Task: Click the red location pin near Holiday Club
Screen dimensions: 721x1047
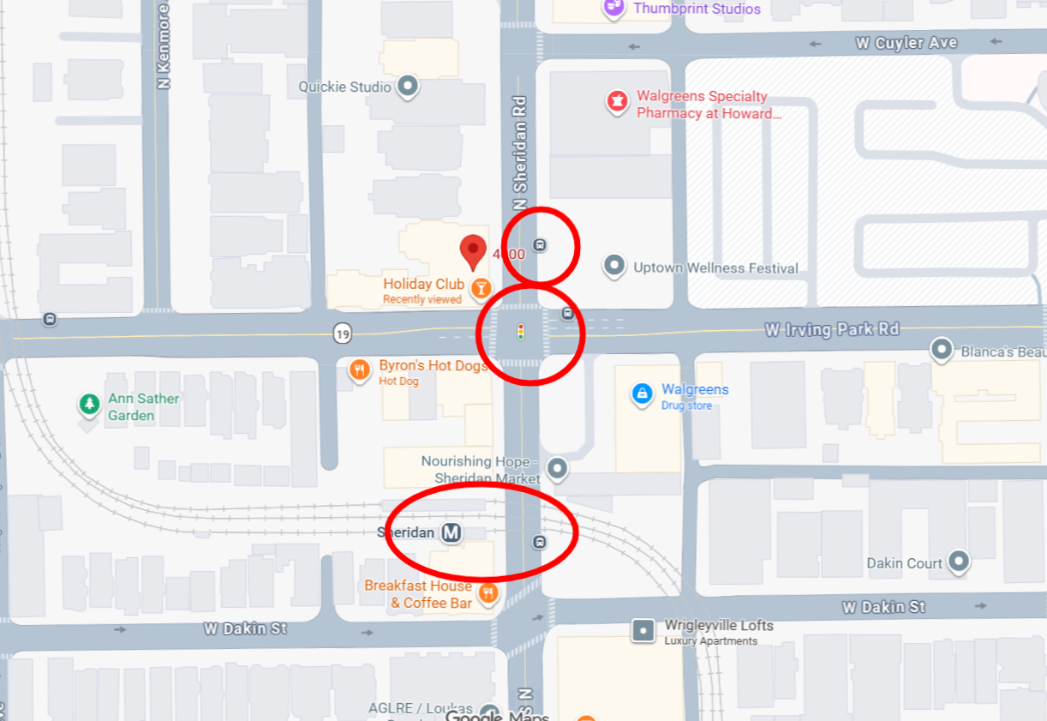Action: pyautogui.click(x=472, y=250)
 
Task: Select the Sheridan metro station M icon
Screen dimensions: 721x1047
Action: pyautogui.click(x=452, y=532)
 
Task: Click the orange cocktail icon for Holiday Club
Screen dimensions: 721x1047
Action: pyautogui.click(x=482, y=288)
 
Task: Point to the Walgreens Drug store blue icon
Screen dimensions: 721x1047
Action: pyautogui.click(x=642, y=394)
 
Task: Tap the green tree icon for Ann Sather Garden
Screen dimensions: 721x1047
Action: pyautogui.click(x=89, y=404)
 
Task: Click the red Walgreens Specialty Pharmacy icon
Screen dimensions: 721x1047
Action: pyautogui.click(x=616, y=102)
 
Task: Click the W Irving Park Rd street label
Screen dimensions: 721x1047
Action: pyautogui.click(x=832, y=329)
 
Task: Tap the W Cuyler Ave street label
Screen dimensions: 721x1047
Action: pyautogui.click(x=906, y=43)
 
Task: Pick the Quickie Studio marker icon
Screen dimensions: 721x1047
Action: pyautogui.click(x=409, y=87)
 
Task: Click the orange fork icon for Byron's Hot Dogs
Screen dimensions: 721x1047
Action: pyautogui.click(x=360, y=370)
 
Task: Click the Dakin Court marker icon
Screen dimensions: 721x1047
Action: pyautogui.click(x=958, y=562)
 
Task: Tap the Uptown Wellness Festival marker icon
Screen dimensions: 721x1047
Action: pyautogui.click(x=613, y=266)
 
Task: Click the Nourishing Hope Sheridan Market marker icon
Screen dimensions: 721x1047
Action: pyautogui.click(x=558, y=468)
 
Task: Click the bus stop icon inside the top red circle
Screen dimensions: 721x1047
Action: pyautogui.click(x=539, y=244)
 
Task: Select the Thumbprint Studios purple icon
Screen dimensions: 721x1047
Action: pyautogui.click(x=614, y=8)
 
